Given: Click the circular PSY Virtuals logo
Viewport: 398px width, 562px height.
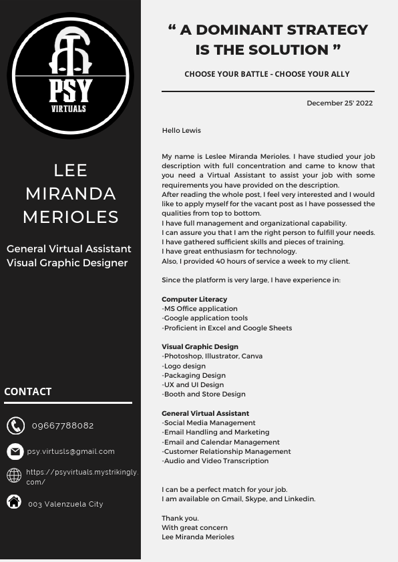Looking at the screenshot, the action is (x=70, y=75).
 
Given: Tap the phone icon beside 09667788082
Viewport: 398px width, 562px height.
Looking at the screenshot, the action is (x=15, y=426).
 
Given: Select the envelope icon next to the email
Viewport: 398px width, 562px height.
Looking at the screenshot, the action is (x=15, y=452).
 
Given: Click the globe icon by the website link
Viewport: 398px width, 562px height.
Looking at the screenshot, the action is (x=14, y=475).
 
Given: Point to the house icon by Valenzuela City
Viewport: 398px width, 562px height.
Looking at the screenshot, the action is (x=14, y=502).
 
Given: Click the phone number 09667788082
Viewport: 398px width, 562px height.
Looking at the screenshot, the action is (x=63, y=426).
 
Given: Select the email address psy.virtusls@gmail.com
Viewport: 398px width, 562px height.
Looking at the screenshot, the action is (x=71, y=452).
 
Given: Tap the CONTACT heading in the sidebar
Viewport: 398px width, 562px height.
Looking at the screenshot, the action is (x=28, y=392).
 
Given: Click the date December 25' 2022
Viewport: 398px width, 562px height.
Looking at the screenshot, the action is (x=339, y=103).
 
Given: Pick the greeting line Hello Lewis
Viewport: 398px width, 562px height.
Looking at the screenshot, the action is (x=181, y=131).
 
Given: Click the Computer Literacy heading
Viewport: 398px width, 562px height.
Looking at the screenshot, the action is (x=194, y=300).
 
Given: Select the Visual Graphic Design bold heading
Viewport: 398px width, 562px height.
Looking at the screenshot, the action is (x=200, y=347).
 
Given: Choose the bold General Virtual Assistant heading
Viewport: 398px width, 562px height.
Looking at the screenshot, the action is (x=205, y=414).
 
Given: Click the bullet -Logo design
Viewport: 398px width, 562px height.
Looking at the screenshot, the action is (x=184, y=366).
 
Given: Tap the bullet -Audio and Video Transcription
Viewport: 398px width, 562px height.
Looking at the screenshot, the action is (x=215, y=461).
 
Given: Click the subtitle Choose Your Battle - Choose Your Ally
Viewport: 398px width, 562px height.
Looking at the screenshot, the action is (x=267, y=74).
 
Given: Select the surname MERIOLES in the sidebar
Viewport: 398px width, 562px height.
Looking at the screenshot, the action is (x=71, y=217).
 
